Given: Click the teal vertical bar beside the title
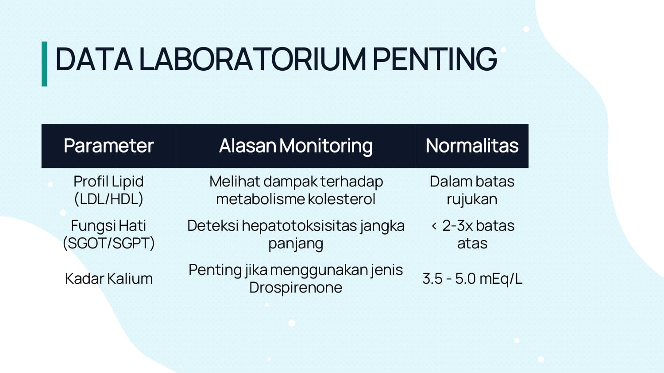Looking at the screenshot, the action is (44, 64).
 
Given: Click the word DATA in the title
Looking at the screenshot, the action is (94, 59).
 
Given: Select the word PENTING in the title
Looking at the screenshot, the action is (435, 59).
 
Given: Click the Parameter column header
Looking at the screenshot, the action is (109, 146).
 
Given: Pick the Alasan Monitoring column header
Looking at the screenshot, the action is (296, 146).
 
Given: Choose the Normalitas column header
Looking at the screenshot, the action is (472, 146).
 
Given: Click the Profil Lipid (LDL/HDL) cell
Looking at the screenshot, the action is (109, 190).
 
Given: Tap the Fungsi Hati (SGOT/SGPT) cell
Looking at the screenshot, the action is (109, 235).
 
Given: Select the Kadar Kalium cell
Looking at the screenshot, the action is (109, 278).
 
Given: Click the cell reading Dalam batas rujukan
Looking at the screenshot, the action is (472, 190).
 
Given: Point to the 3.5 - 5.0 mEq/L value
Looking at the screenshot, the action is (472, 279).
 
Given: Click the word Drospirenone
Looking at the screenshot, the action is (296, 287).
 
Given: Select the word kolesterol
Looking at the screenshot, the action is (341, 198).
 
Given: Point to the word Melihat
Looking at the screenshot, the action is (235, 181).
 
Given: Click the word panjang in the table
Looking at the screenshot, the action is (296, 244).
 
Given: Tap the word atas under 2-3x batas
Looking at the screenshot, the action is (472, 244).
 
